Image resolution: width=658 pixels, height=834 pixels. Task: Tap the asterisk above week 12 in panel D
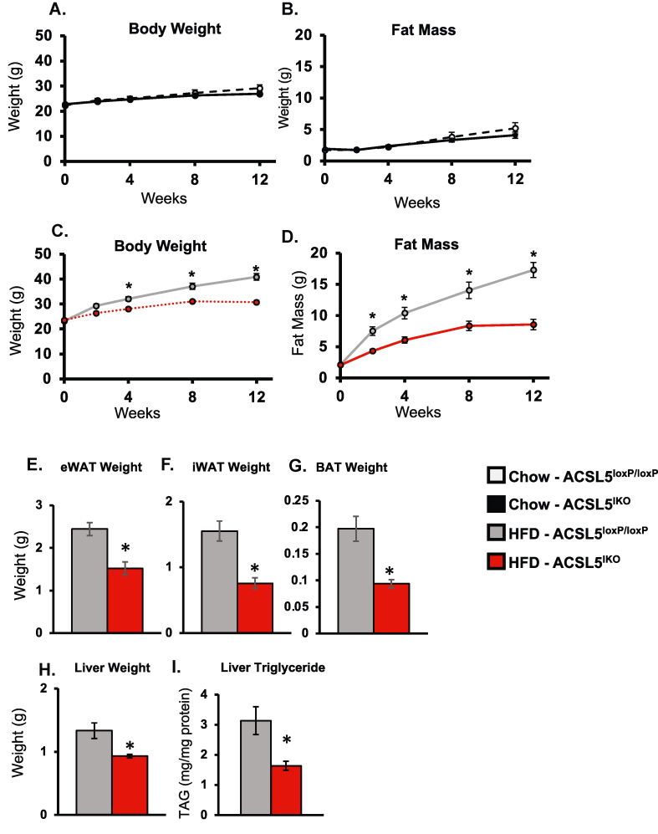click(532, 254)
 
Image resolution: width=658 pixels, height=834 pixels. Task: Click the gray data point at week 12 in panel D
click(532, 270)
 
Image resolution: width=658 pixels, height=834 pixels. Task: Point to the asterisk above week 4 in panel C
click(129, 286)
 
